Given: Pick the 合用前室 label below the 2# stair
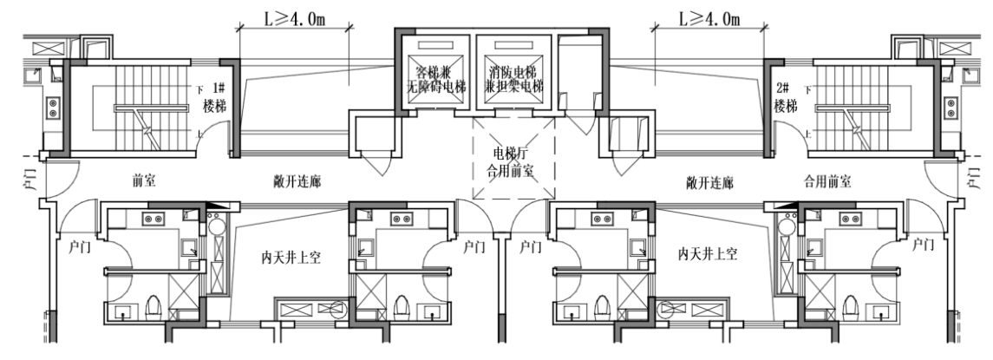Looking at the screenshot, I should (x=827, y=184).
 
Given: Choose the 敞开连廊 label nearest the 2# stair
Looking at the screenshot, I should (x=709, y=184).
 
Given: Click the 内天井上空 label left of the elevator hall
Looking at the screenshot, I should (x=292, y=257).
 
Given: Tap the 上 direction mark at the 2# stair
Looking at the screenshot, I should (x=808, y=133).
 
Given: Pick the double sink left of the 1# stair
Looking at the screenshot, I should (x=52, y=108).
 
